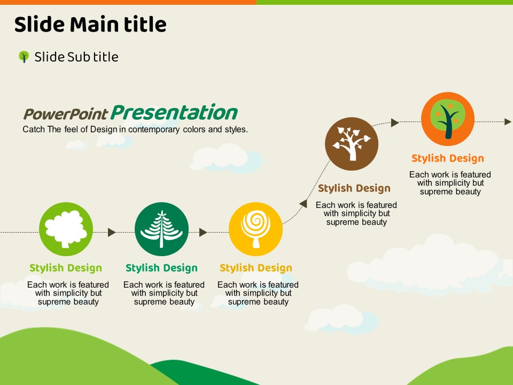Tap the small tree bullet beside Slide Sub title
pyautogui.click(x=24, y=57)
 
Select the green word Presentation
pyautogui.click(x=174, y=113)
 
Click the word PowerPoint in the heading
pyautogui.click(x=65, y=114)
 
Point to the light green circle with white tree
pyautogui.click(x=66, y=229)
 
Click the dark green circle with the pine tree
pyautogui.click(x=161, y=229)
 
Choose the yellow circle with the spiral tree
pyautogui.click(x=255, y=229)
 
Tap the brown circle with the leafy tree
pyautogui.click(x=352, y=144)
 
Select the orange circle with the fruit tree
pyautogui.click(x=448, y=119)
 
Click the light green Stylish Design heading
pyautogui.click(x=66, y=268)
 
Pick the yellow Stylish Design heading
pyautogui.click(x=256, y=268)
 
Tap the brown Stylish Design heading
pyautogui.click(x=354, y=188)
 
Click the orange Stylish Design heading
pyautogui.click(x=448, y=158)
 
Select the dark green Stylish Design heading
pyautogui.click(x=161, y=268)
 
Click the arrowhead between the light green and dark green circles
pyautogui.click(x=112, y=232)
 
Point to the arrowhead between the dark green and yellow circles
pyautogui.click(x=203, y=232)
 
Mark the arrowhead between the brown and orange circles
pyautogui.click(x=395, y=122)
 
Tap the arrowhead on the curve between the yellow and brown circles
pyautogui.click(x=304, y=204)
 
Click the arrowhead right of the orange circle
pyautogui.click(x=508, y=122)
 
